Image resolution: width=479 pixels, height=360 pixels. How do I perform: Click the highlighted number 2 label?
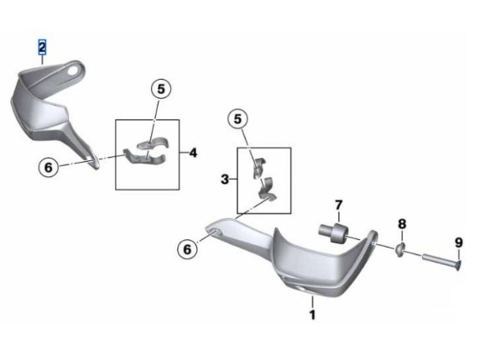pyautogui.click(x=42, y=47)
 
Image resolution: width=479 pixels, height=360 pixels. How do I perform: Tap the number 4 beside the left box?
pyautogui.click(x=193, y=153)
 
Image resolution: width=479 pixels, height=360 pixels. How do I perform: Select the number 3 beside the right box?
pyautogui.click(x=225, y=180)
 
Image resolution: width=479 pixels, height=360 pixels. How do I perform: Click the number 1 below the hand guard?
pyautogui.click(x=312, y=315)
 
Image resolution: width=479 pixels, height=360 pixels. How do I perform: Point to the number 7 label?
pyautogui.click(x=338, y=205)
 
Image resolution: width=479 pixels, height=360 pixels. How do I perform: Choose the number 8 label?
pyautogui.click(x=402, y=224)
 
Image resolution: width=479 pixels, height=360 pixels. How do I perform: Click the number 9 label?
pyautogui.click(x=459, y=243)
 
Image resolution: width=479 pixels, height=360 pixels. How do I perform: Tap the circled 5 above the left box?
pyautogui.click(x=161, y=89)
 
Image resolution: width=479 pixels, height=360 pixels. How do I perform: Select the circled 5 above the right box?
pyautogui.click(x=237, y=119)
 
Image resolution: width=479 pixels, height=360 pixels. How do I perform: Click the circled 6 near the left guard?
pyautogui.click(x=49, y=168)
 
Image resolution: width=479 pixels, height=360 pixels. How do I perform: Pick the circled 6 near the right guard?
pyautogui.click(x=187, y=249)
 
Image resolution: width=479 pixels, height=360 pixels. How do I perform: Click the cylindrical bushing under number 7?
pyautogui.click(x=333, y=233)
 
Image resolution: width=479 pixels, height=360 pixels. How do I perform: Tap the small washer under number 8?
pyautogui.click(x=400, y=249)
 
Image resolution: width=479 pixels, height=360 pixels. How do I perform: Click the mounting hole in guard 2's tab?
pyautogui.click(x=73, y=70)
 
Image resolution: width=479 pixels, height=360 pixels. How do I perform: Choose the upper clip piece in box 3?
pyautogui.click(x=259, y=168)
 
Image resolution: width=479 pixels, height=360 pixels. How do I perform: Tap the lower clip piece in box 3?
pyautogui.click(x=268, y=190)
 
